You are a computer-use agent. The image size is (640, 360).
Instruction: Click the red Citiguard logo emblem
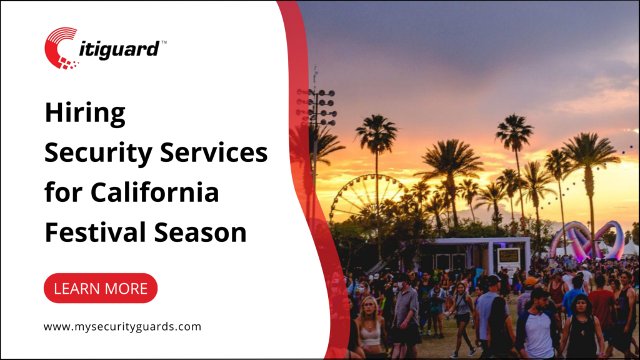(x=61, y=47)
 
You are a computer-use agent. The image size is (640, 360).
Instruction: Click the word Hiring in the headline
(x=84, y=115)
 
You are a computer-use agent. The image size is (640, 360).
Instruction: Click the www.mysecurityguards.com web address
(x=122, y=326)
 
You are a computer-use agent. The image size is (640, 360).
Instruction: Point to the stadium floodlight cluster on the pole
(x=317, y=106)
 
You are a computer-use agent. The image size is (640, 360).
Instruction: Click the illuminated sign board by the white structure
(x=508, y=256)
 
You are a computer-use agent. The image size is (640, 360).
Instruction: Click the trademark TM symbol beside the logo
(x=164, y=42)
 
